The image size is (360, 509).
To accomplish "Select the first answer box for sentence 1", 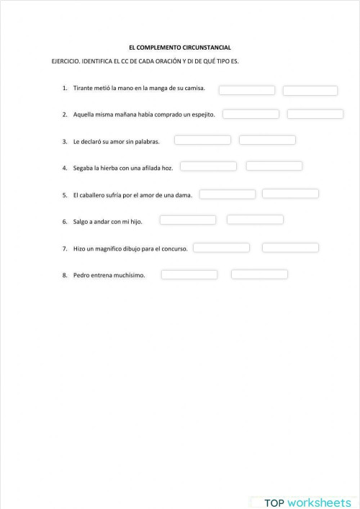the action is (x=247, y=90).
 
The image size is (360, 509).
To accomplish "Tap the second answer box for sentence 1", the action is (x=310, y=91).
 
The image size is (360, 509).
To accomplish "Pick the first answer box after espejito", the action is (x=251, y=114).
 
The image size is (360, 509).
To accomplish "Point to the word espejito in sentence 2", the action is (x=204, y=114).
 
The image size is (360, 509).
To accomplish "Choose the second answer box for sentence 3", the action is (x=267, y=140).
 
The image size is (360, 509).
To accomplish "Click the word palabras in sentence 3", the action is (x=148, y=141).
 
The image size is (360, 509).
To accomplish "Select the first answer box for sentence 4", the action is (x=208, y=166).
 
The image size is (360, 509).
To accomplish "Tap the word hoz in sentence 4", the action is (x=168, y=168).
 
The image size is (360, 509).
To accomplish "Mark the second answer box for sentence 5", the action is (x=290, y=194).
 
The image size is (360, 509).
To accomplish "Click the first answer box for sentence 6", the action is (x=188, y=220).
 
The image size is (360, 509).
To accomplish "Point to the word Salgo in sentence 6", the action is (x=81, y=222).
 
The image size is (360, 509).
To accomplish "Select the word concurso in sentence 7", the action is (x=176, y=248).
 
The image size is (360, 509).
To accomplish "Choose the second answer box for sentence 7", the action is (x=290, y=248).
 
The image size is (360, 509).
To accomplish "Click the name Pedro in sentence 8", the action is (x=81, y=275).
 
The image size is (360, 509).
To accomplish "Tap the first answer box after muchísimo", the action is (x=189, y=274).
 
